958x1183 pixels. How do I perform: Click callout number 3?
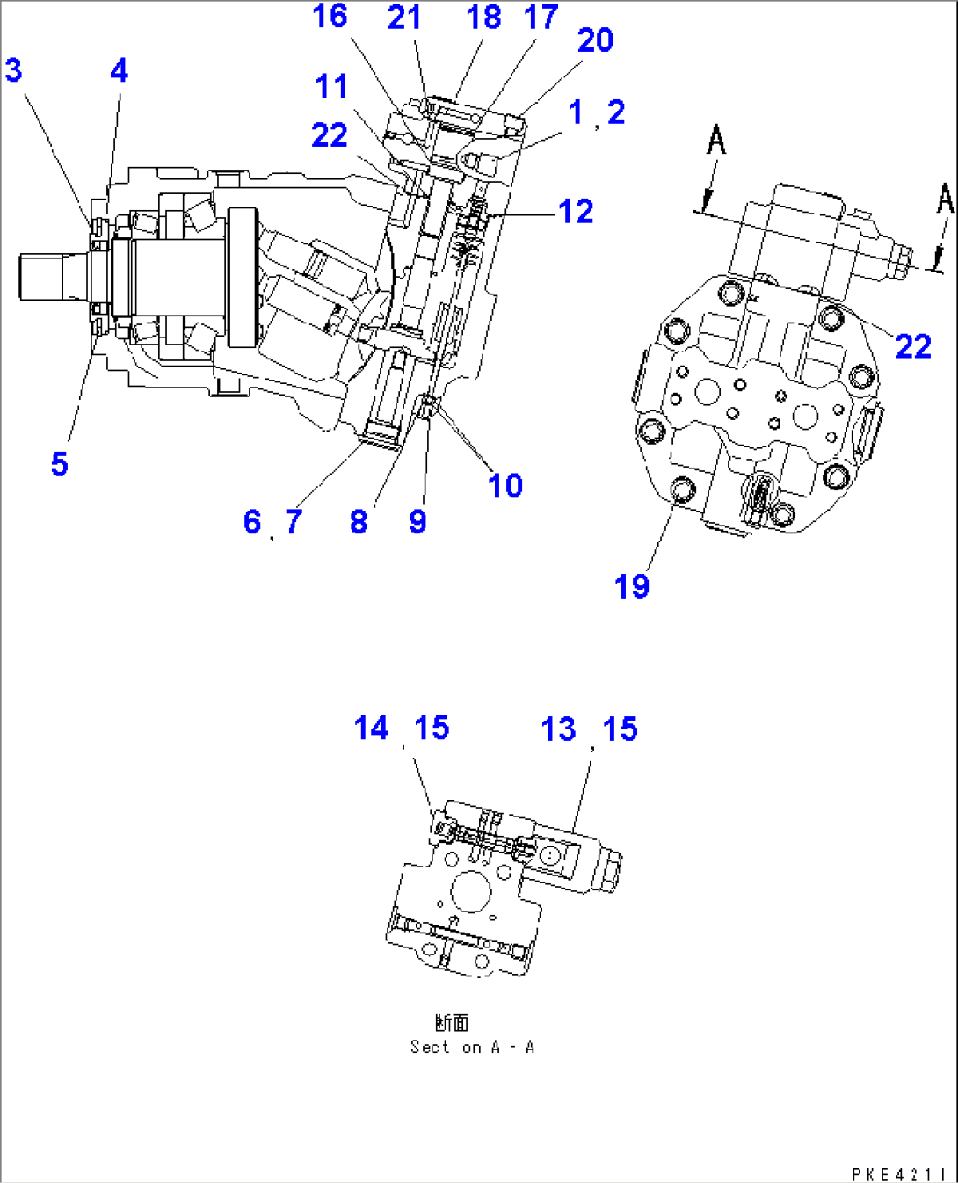tap(13, 70)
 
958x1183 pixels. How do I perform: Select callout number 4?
tap(119, 70)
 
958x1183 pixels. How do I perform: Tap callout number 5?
tap(59, 464)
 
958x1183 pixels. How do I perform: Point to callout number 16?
tap(330, 16)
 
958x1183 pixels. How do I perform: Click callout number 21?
tap(404, 18)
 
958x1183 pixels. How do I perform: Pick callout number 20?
tap(595, 40)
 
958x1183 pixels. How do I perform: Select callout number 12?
tap(576, 212)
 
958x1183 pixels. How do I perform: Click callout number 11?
tap(331, 87)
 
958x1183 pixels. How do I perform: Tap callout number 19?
tap(631, 586)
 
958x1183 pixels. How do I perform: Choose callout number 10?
tap(504, 485)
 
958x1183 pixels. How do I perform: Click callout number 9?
tap(417, 521)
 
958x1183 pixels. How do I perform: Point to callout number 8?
tap(358, 521)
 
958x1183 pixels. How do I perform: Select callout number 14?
tap(371, 729)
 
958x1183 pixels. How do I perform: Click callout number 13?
tap(558, 729)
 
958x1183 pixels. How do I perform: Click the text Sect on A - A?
tap(472, 1047)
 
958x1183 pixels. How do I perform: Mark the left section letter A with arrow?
tap(716, 141)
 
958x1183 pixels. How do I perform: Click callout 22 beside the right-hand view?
tap(912, 346)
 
